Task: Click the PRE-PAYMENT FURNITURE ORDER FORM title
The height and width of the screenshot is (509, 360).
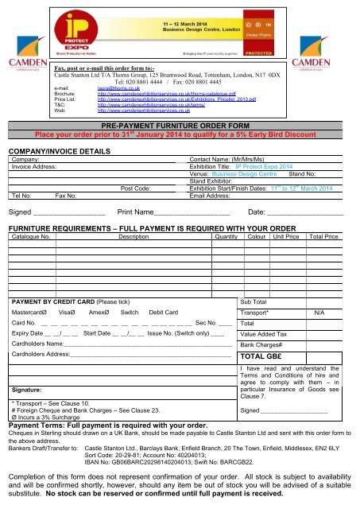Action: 180,126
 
